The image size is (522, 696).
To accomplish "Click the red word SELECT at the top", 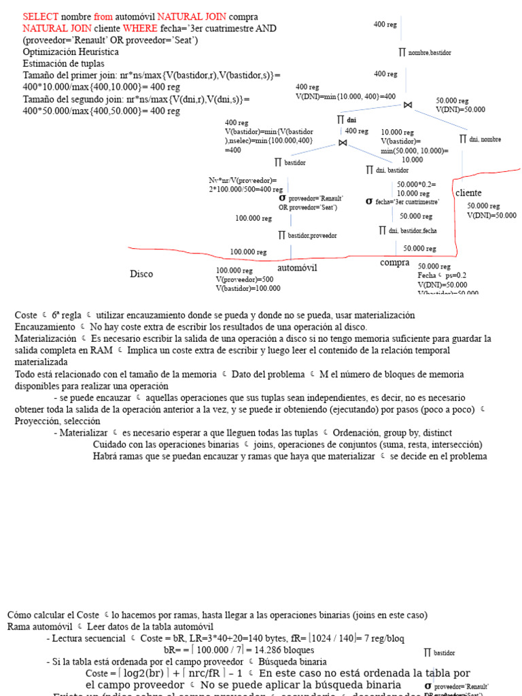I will pos(39,16).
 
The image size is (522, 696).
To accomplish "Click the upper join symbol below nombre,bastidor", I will pos(407,105).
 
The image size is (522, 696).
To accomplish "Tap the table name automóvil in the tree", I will pos(298,268).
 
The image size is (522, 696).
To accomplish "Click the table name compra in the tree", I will pos(395,263).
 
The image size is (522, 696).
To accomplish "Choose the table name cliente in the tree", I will pos(468,193).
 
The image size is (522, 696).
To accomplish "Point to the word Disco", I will pos(141,274).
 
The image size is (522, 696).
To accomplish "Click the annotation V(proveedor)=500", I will pos(245,279).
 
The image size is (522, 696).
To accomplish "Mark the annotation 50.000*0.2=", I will pos(416,185).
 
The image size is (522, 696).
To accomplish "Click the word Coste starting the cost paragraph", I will pos(26,315).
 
